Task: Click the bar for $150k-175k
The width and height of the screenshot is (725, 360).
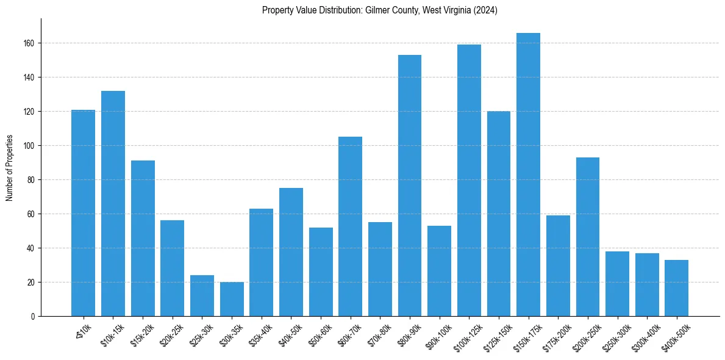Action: pos(528,175)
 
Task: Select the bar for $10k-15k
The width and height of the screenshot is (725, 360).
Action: pos(113,203)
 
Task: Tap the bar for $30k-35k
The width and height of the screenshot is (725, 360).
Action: pos(232,299)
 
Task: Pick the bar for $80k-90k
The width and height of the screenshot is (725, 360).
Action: pos(410,185)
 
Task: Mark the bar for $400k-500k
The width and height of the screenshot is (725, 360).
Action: pos(677,288)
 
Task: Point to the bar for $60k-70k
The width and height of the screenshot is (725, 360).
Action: pos(351,226)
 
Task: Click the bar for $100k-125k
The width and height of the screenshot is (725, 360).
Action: pos(469,180)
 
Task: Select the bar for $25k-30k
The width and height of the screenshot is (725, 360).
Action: pos(202,295)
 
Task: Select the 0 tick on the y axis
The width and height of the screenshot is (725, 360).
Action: pos(34,317)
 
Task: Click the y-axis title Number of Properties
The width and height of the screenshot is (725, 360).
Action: pos(10,168)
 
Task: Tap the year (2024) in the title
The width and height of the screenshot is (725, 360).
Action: pos(485,10)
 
